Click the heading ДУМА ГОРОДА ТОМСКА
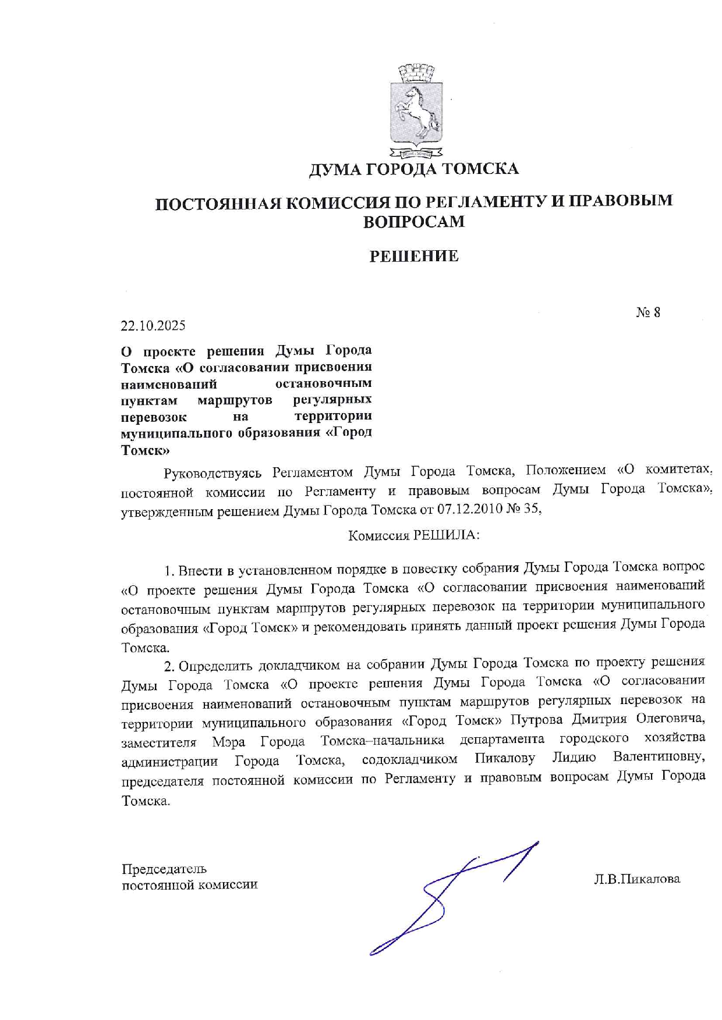(x=413, y=169)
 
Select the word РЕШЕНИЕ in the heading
(x=414, y=256)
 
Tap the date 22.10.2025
(x=153, y=326)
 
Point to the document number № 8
(x=648, y=313)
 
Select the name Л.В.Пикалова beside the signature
(x=637, y=879)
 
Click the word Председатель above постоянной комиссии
(x=164, y=869)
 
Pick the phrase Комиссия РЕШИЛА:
(x=413, y=535)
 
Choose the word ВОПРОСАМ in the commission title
(x=413, y=222)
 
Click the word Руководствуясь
(x=213, y=472)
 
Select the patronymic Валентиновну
(x=659, y=758)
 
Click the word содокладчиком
(x=409, y=759)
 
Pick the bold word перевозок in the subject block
(x=154, y=417)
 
